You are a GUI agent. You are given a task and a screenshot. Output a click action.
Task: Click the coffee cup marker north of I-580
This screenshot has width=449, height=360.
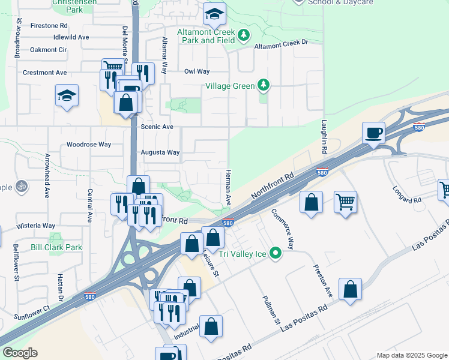tap(373, 133)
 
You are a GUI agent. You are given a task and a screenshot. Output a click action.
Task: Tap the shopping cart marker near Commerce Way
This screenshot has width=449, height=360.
tap(345, 202)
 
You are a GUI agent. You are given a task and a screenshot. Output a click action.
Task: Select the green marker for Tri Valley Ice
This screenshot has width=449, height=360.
tap(276, 253)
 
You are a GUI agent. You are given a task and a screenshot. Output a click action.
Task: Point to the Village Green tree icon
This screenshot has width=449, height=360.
tap(263, 86)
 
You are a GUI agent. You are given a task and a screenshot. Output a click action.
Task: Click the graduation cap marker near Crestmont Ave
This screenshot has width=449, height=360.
tap(67, 95)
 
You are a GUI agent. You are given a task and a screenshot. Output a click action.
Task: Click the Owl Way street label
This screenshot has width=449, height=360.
tap(197, 71)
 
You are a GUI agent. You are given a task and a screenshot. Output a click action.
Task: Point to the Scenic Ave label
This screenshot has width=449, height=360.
tap(157, 127)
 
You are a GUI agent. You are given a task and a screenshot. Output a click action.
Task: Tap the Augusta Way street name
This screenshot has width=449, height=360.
tap(160, 152)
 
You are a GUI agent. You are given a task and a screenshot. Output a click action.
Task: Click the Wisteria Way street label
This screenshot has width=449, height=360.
tap(36, 226)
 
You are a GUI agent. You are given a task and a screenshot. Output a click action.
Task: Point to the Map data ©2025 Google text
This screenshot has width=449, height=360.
tap(411, 355)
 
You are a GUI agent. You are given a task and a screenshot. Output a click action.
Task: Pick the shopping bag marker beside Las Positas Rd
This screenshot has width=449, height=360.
tap(350, 289)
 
